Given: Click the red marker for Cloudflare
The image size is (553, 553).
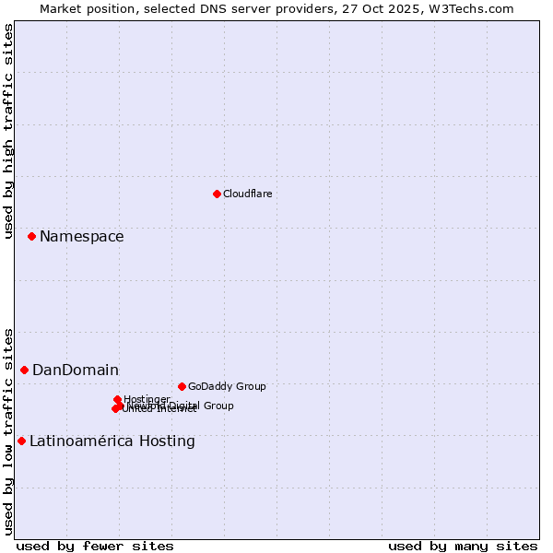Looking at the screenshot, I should (217, 194).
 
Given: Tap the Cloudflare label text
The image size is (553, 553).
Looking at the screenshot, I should (247, 194).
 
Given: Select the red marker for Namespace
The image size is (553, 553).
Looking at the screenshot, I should (31, 237).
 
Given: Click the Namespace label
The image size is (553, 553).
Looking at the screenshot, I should (81, 237).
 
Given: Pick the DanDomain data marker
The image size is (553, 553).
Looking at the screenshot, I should (25, 370).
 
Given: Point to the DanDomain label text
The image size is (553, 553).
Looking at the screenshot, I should (76, 371).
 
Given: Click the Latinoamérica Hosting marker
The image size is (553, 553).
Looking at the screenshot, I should (21, 441).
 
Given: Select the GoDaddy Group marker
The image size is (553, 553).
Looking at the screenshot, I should (182, 386).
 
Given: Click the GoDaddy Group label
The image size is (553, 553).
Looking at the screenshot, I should (227, 386).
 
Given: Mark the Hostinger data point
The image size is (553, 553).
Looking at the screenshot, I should (118, 399).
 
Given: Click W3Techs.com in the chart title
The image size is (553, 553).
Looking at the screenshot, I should (473, 8).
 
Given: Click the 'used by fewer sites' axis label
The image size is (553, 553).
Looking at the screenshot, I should (95, 546).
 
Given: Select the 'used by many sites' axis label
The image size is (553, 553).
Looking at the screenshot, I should (463, 546).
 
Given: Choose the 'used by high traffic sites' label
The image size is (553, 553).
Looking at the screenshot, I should (8, 131).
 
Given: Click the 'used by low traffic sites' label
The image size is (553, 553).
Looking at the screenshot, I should (8, 430).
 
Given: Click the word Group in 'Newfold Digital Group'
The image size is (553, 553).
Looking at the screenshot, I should (218, 406).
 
